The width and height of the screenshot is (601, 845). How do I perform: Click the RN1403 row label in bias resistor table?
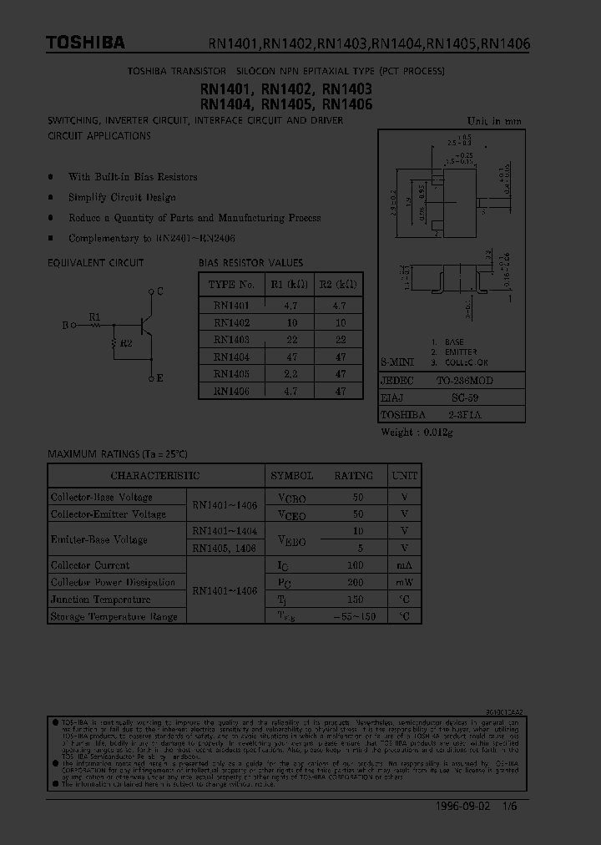pyautogui.click(x=231, y=340)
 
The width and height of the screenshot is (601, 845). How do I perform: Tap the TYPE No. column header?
pyautogui.click(x=231, y=284)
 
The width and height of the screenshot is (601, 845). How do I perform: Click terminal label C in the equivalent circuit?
pyautogui.click(x=159, y=291)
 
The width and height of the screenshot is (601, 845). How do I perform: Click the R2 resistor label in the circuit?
pyautogui.click(x=126, y=343)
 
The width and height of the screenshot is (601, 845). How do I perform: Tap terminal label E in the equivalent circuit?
pyautogui.click(x=159, y=378)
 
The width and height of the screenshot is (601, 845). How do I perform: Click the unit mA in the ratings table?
pyautogui.click(x=404, y=565)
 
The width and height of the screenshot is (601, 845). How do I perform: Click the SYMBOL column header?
pyautogui.click(x=292, y=476)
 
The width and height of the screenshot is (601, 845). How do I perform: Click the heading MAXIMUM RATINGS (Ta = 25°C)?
pyautogui.click(x=118, y=453)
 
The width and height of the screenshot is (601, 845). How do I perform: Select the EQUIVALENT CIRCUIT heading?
pyautogui.click(x=96, y=263)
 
